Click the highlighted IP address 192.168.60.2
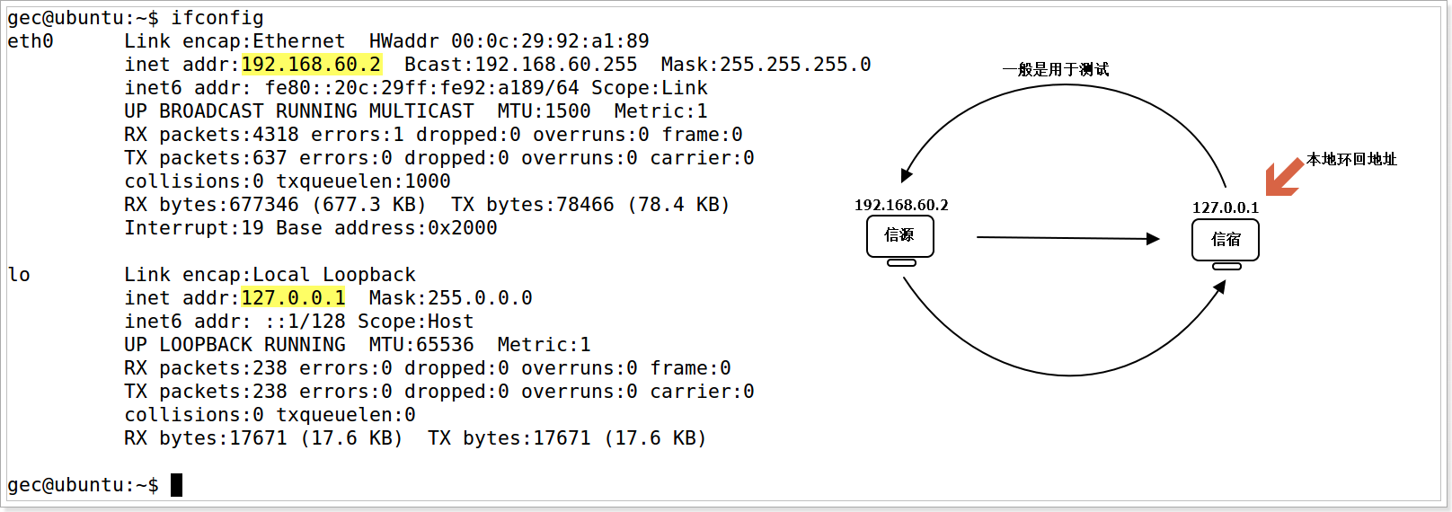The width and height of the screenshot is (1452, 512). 311,65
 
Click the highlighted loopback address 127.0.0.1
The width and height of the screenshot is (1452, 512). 293,298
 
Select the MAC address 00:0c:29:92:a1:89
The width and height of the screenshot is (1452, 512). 550,41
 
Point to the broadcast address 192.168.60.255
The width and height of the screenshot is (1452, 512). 555,65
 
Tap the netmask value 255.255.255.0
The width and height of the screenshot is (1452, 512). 795,65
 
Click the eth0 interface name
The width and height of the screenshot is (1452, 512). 31,41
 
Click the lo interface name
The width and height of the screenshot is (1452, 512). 19,275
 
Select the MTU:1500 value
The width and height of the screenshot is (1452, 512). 544,111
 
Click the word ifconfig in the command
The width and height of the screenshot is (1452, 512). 217,18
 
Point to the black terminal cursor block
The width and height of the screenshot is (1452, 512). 177,485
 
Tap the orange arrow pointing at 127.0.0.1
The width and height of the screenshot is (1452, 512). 1283,177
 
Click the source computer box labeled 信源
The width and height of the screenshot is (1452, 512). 899,236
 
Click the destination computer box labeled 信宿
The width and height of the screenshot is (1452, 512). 1225,240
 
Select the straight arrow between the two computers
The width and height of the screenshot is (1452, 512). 1067,238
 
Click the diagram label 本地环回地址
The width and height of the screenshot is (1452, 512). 1351,160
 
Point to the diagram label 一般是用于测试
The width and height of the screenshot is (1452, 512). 1056,70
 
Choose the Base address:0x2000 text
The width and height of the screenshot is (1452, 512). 386,228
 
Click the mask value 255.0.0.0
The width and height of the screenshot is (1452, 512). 480,298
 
